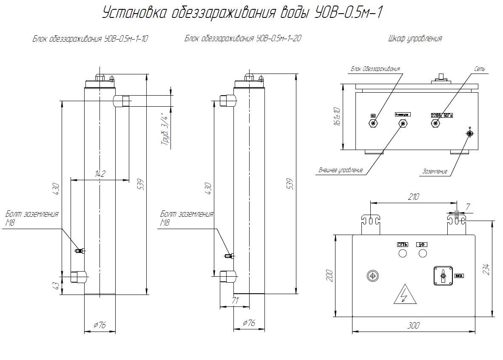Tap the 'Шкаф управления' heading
(x=415, y=39)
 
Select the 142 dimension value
(x=100, y=173)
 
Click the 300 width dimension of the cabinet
(x=413, y=326)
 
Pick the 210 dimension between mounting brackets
(x=413, y=197)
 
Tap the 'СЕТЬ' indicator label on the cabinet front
(x=402, y=244)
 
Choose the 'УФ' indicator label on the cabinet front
(x=422, y=244)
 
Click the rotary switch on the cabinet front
(x=443, y=276)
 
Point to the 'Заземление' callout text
(x=435, y=172)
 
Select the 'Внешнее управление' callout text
(x=341, y=170)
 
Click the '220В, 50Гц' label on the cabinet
(x=442, y=115)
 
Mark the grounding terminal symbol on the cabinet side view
(x=469, y=133)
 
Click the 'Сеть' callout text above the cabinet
(x=480, y=69)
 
